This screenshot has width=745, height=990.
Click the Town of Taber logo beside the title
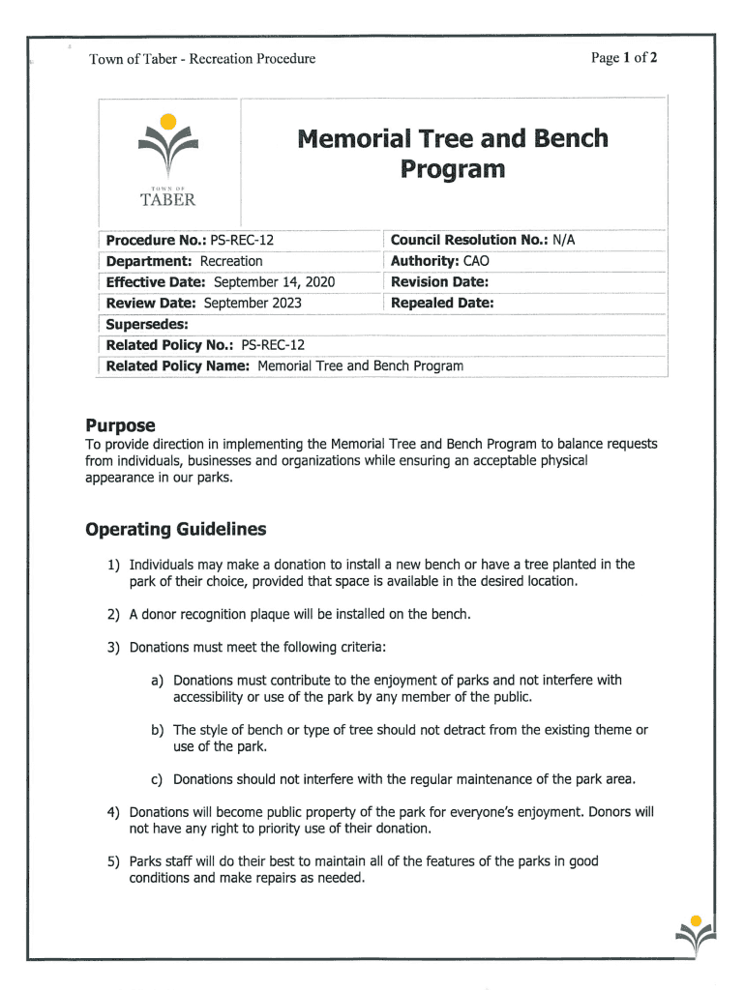pyautogui.click(x=168, y=160)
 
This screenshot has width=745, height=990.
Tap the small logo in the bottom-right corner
pyautogui.click(x=697, y=936)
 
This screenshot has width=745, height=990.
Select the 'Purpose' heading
pyautogui.click(x=120, y=425)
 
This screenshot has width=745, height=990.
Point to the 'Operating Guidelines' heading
pyautogui.click(x=175, y=530)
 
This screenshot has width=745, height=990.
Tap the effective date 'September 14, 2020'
pyautogui.click(x=274, y=282)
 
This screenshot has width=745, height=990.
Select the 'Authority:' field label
pyautogui.click(x=425, y=261)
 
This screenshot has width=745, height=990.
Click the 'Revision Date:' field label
pyautogui.click(x=439, y=282)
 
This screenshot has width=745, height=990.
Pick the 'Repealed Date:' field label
pyautogui.click(x=442, y=304)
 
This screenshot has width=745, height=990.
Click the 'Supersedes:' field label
pyautogui.click(x=146, y=324)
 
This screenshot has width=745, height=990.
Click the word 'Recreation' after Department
pyautogui.click(x=231, y=261)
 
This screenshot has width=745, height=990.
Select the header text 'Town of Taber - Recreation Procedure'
pyautogui.click(x=202, y=59)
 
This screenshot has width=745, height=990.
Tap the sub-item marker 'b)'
pyautogui.click(x=157, y=730)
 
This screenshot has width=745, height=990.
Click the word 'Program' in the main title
pyautogui.click(x=453, y=170)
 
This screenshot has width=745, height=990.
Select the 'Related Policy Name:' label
pyautogui.click(x=178, y=366)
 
